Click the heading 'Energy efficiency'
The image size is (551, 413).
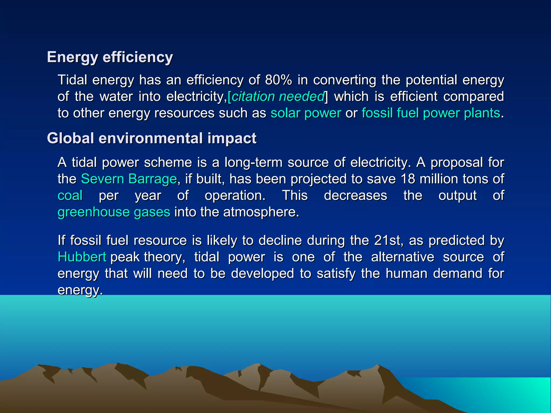click(110, 57)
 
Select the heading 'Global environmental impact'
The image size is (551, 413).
click(152, 138)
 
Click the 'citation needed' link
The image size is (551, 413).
click(278, 97)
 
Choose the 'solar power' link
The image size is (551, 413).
click(306, 113)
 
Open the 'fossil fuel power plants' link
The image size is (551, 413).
click(430, 113)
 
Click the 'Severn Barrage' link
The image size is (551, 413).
click(129, 179)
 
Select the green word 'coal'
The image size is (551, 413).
click(70, 195)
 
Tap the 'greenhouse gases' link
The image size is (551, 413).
click(114, 212)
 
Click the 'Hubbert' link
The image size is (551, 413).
click(82, 257)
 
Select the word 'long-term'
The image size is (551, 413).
click(253, 163)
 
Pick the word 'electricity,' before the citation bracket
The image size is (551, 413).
click(196, 97)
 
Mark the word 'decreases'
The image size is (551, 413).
click(355, 195)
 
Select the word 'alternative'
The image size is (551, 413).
click(402, 257)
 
